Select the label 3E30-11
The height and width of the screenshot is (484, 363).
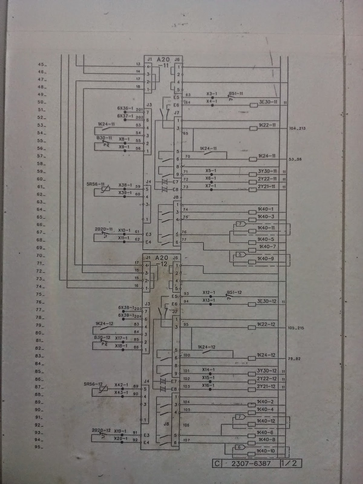(268, 102)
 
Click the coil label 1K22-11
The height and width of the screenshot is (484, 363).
(267, 125)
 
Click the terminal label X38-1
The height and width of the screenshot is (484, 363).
(125, 185)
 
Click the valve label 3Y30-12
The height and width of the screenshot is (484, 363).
(267, 371)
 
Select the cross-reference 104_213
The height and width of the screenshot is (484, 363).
(297, 128)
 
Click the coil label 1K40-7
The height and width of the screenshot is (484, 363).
(268, 247)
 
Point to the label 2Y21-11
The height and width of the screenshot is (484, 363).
(267, 186)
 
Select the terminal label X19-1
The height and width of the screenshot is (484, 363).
(120, 431)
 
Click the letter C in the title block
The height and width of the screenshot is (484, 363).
(217, 463)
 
